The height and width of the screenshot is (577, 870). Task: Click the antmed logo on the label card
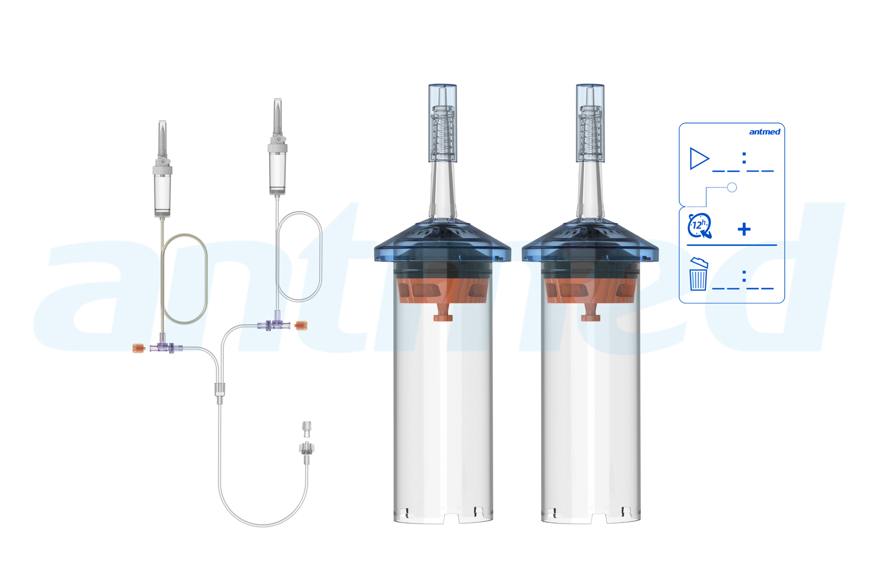point(764,132)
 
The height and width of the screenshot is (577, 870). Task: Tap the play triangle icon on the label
point(699,159)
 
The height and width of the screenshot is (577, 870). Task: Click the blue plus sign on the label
point(744,229)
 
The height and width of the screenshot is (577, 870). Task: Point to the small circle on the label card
point(732,188)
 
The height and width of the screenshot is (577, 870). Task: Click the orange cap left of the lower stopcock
point(139,348)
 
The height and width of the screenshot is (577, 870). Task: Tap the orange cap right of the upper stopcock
point(301,325)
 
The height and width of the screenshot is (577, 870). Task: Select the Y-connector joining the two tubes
point(220,393)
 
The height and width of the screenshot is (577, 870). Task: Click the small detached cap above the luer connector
point(307,429)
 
